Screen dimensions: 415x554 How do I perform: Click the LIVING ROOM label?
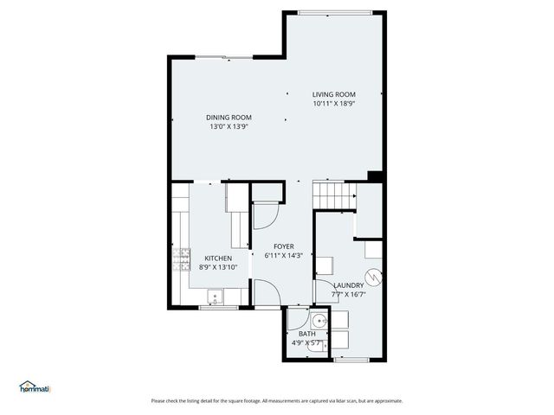pyautogui.click(x=334, y=94)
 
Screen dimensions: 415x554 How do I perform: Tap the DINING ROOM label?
pyautogui.click(x=229, y=118)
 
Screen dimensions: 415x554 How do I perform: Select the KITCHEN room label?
pyautogui.click(x=218, y=259)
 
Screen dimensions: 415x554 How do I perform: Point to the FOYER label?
pyautogui.click(x=284, y=246)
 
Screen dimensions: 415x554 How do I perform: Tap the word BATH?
pyautogui.click(x=307, y=334)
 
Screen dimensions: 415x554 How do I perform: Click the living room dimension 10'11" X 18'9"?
pyautogui.click(x=334, y=104)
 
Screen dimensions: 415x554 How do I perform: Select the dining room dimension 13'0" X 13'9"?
pyautogui.click(x=229, y=127)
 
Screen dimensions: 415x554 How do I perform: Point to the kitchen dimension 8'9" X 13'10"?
pyautogui.click(x=218, y=268)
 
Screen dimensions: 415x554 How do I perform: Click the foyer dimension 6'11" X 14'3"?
pyautogui.click(x=284, y=256)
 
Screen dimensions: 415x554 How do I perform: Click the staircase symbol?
pyautogui.click(x=334, y=195)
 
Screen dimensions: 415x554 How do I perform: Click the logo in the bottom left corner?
pyautogui.click(x=35, y=387)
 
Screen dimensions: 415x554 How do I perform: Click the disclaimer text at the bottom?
pyautogui.click(x=277, y=400)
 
